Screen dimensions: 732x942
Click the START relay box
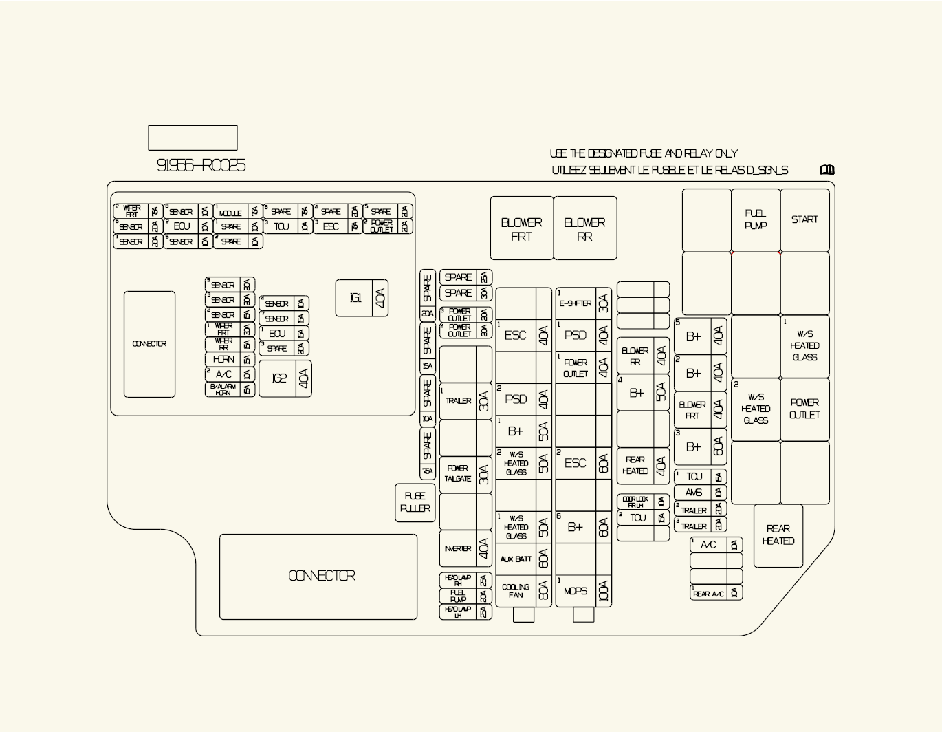(804, 220)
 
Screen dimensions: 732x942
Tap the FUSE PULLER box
(415, 502)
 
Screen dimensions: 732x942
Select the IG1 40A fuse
(362, 298)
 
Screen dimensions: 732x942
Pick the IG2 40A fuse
(285, 378)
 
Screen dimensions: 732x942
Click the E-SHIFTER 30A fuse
(583, 303)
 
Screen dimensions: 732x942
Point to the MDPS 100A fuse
(583, 591)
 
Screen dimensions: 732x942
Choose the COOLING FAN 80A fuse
(523, 591)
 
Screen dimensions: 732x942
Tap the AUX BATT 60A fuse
(523, 559)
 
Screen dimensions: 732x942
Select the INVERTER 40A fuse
(465, 549)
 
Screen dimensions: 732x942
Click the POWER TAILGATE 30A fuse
(465, 474)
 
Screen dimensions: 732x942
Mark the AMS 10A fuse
(700, 493)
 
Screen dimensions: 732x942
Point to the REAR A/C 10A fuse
(716, 593)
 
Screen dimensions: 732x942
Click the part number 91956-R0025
(201, 166)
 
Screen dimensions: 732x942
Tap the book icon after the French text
(827, 170)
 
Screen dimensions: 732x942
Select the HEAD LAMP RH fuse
(465, 581)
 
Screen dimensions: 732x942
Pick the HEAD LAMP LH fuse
(465, 612)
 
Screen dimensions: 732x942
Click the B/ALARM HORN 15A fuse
(230, 389)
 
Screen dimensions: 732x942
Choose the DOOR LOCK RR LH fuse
(643, 502)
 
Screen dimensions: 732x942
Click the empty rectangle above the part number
(193, 138)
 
